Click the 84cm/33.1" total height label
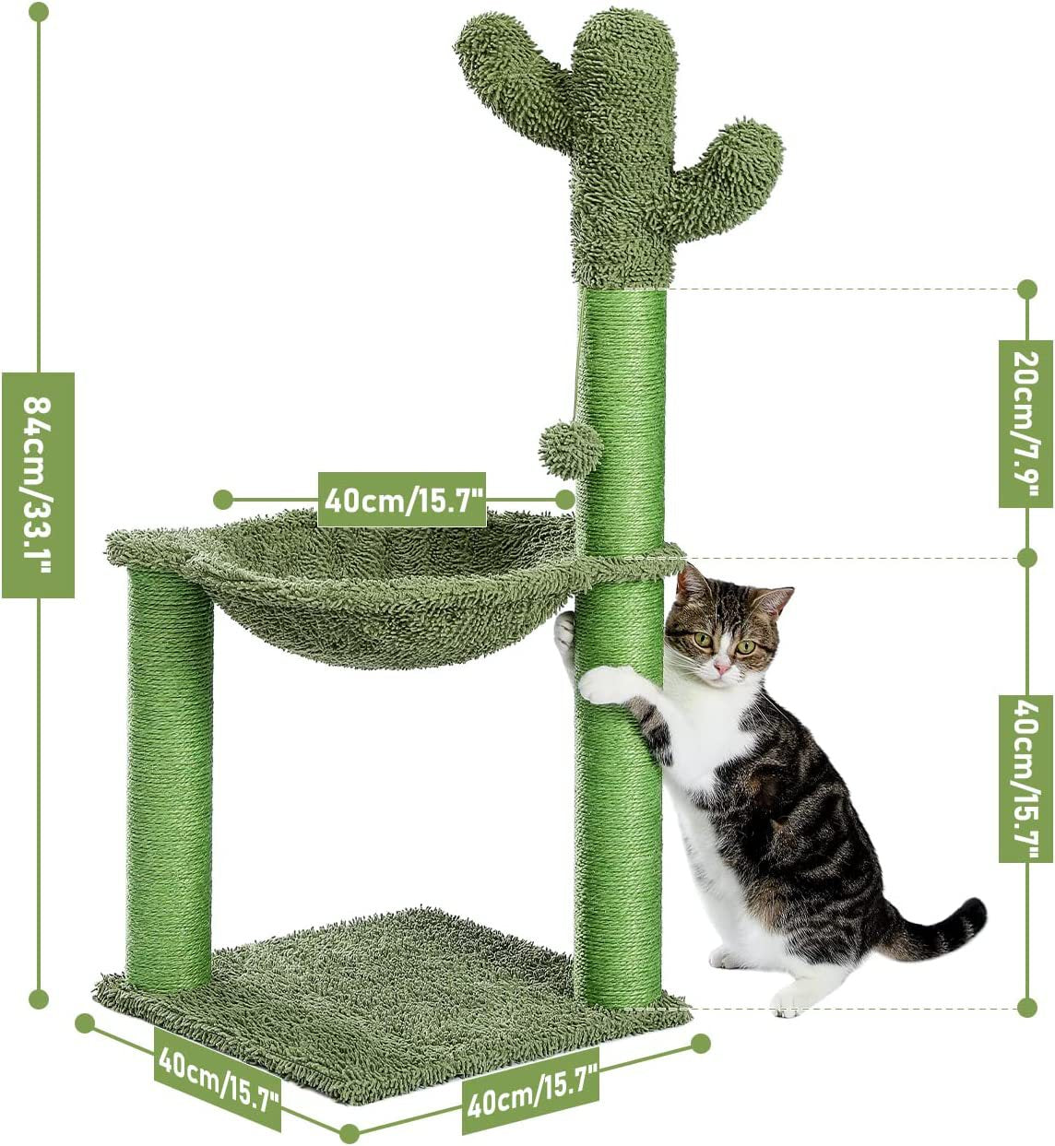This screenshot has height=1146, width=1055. pyautogui.click(x=38, y=485)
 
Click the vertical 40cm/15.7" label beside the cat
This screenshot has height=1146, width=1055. pyautogui.click(x=1025, y=778)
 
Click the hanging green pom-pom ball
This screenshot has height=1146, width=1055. pyautogui.click(x=571, y=448)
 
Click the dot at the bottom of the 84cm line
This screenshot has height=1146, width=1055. pyautogui.click(x=39, y=998)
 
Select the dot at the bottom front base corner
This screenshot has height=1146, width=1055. pyautogui.click(x=350, y=1133)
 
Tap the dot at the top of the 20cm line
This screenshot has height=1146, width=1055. pyautogui.click(x=1027, y=289)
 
